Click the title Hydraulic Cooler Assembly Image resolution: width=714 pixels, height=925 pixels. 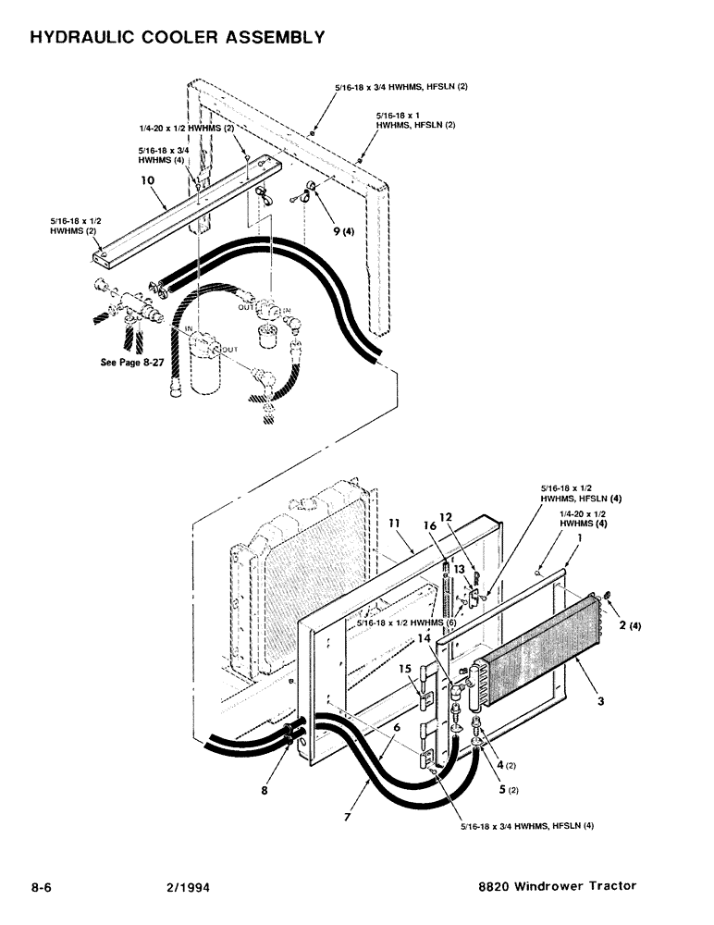177,38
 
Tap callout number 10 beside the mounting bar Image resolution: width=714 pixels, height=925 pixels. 147,182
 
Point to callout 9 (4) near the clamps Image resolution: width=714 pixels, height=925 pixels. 344,231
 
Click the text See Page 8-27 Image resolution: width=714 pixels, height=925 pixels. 132,363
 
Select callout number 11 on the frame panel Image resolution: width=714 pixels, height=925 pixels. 394,524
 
